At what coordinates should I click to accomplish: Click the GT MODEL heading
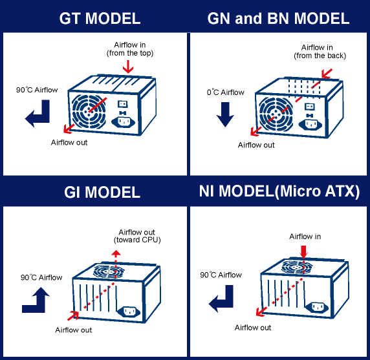coord(100,18)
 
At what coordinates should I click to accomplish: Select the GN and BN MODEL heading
coord(278,18)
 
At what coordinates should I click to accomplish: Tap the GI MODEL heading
coord(102,192)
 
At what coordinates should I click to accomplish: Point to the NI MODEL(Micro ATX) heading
coord(279,191)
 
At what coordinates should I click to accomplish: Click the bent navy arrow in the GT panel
coord(43,118)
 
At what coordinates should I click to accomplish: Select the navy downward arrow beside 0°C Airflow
coord(225,114)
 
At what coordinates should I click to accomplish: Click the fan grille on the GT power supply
coord(89,111)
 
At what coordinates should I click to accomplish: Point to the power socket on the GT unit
coord(123,122)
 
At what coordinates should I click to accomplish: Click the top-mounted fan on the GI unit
coord(109,271)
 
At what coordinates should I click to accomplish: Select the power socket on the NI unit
coord(317,307)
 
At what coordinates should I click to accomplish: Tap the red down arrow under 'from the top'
coord(128,67)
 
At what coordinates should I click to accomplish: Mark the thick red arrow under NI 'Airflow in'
coord(303,252)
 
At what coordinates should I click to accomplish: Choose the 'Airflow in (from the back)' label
coord(320,52)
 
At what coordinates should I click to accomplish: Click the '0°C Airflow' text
coord(225,92)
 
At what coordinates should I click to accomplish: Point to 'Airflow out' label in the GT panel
coord(69,142)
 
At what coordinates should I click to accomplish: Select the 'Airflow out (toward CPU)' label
coord(137,236)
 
